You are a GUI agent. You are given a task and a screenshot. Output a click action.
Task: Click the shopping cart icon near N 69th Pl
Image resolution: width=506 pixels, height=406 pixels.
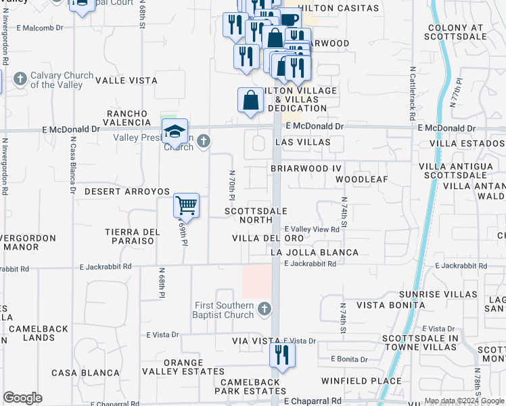186,205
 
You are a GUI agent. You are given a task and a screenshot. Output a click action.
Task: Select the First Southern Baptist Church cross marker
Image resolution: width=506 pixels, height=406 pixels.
264,310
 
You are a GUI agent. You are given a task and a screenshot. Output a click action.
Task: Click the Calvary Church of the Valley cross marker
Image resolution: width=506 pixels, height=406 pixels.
20,79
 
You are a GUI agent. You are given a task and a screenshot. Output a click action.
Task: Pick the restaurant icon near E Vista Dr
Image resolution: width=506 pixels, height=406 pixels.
282,355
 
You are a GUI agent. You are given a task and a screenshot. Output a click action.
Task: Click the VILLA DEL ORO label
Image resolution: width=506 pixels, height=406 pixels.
267,238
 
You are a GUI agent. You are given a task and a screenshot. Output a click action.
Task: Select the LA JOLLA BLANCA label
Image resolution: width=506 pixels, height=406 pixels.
314,252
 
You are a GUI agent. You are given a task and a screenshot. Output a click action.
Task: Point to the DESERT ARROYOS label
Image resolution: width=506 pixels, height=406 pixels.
127,191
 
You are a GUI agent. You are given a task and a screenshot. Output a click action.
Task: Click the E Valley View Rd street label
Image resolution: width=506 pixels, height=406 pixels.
311,229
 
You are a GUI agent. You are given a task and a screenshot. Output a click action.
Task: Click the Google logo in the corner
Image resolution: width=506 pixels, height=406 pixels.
22,398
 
